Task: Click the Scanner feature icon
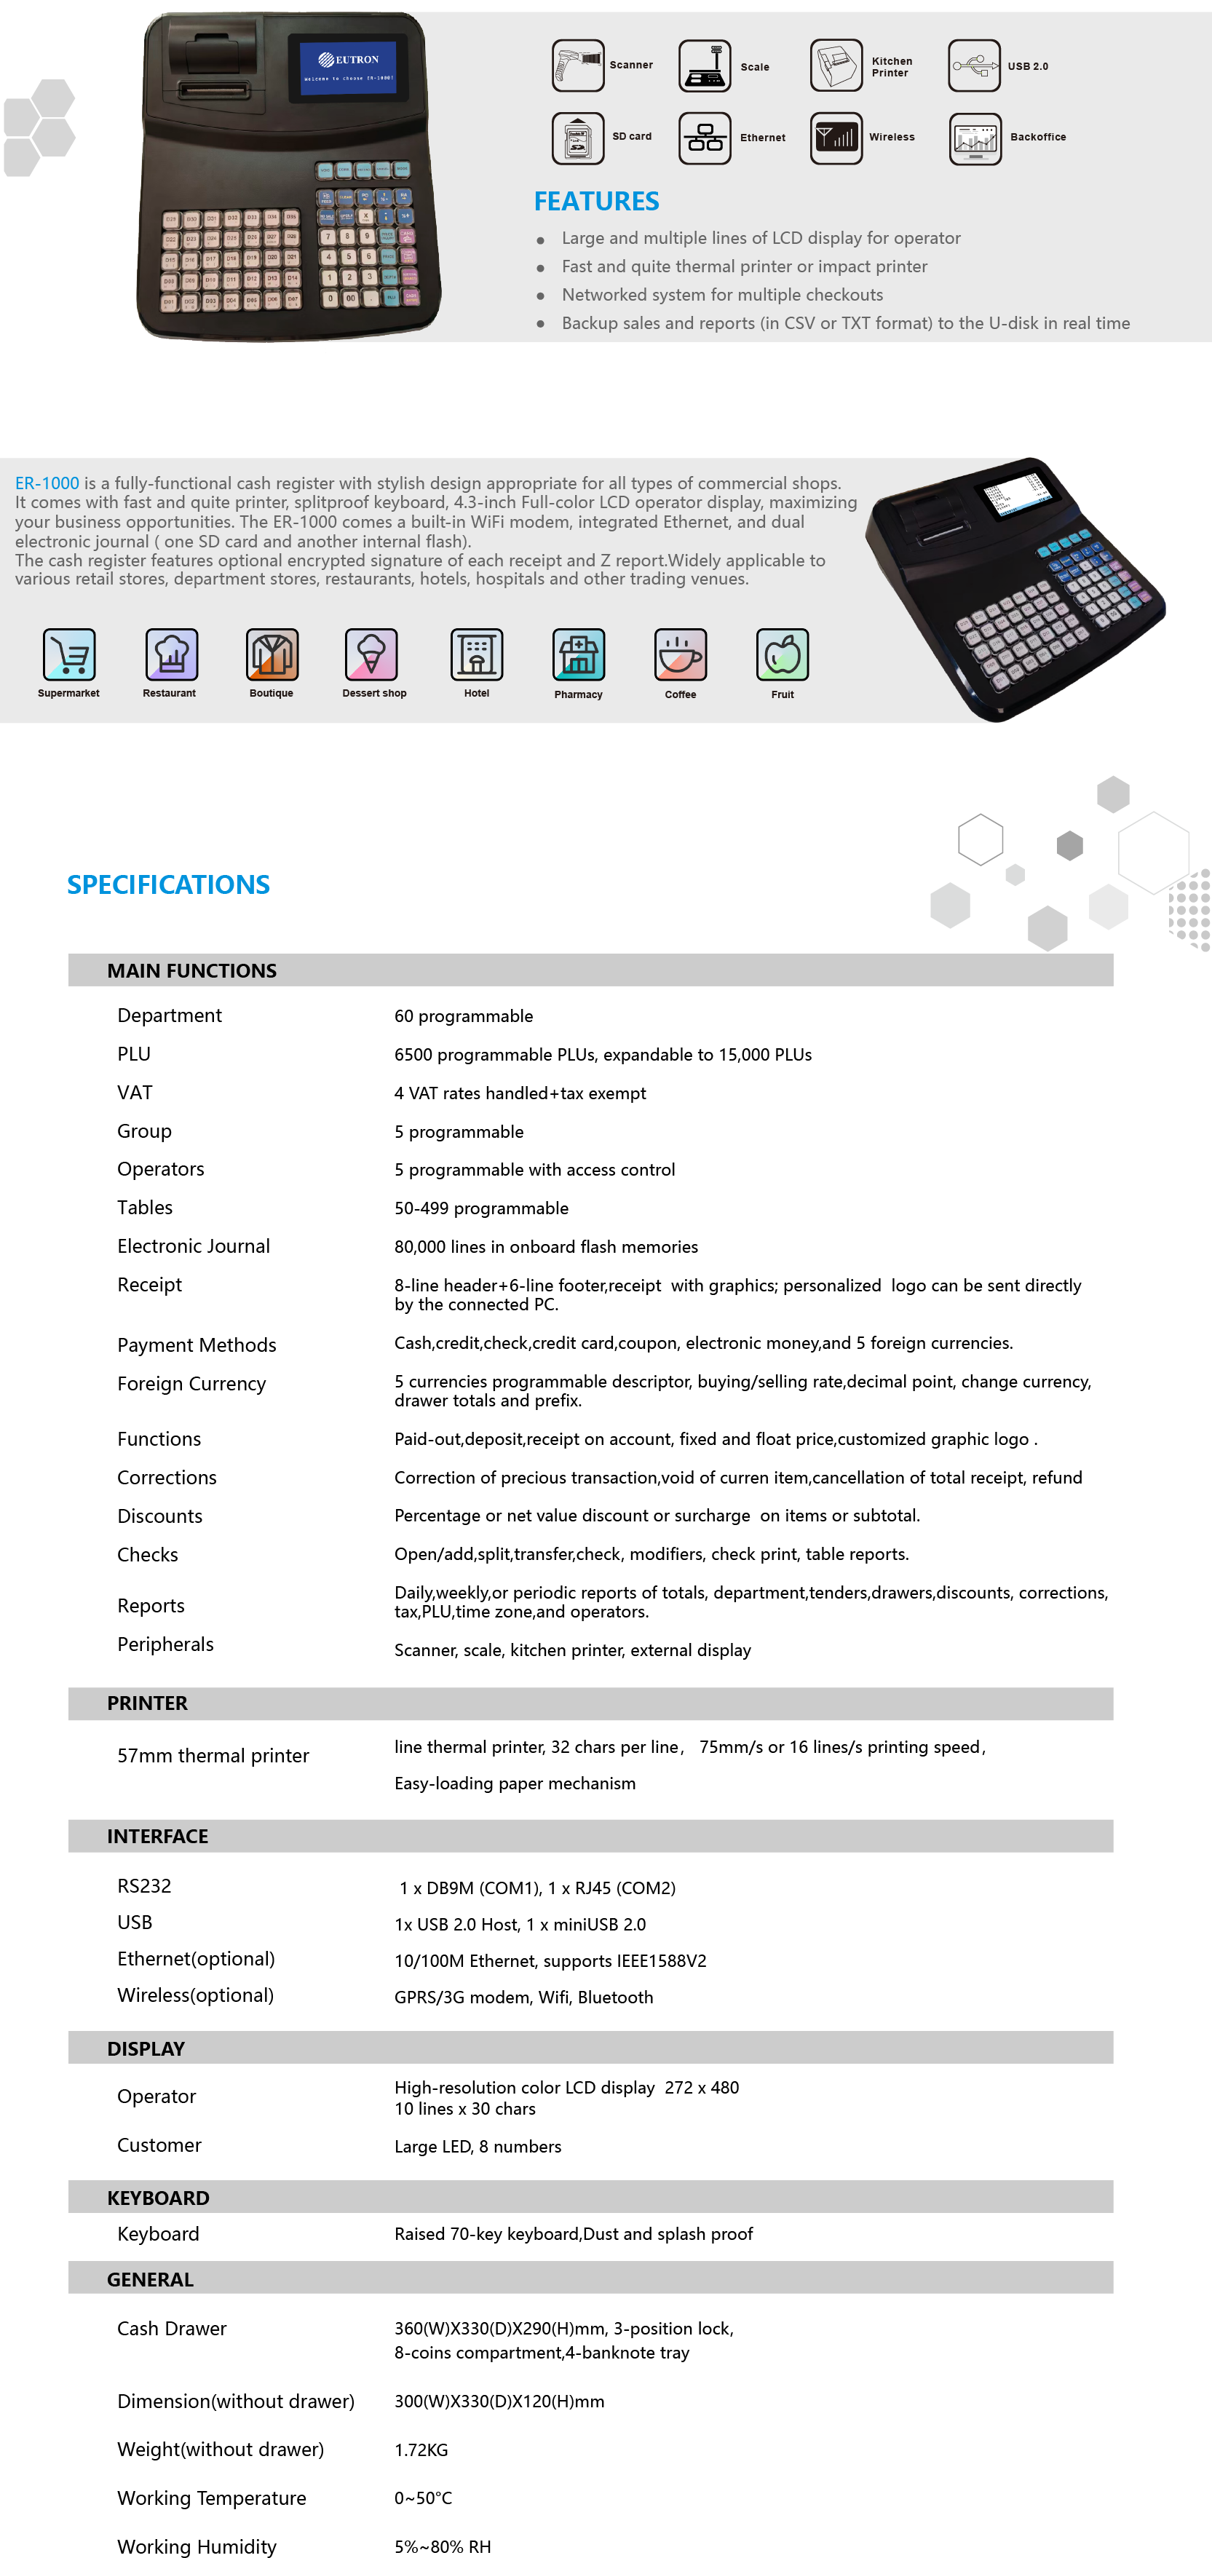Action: click(578, 66)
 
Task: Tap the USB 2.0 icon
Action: click(974, 66)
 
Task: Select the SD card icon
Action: click(578, 138)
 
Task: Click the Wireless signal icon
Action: click(836, 138)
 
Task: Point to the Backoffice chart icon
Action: click(975, 138)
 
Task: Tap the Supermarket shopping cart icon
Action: click(68, 654)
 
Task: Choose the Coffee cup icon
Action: click(680, 654)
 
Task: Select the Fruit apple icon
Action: click(783, 654)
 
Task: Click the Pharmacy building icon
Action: click(578, 654)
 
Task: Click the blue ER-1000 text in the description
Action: click(47, 483)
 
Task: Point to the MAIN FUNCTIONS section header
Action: click(191, 971)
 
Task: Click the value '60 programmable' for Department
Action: click(464, 1016)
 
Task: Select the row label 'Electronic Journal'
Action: click(194, 1246)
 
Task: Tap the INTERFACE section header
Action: click(158, 1836)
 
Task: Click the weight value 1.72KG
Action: click(421, 2450)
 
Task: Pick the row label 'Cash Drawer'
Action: click(172, 2329)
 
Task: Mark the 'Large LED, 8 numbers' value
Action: click(478, 2146)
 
